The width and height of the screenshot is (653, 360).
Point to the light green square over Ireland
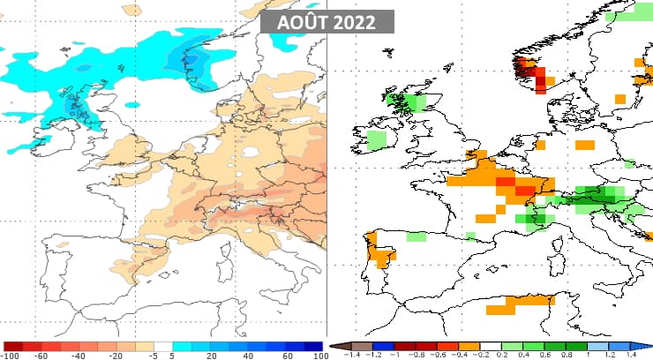(376, 139)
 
